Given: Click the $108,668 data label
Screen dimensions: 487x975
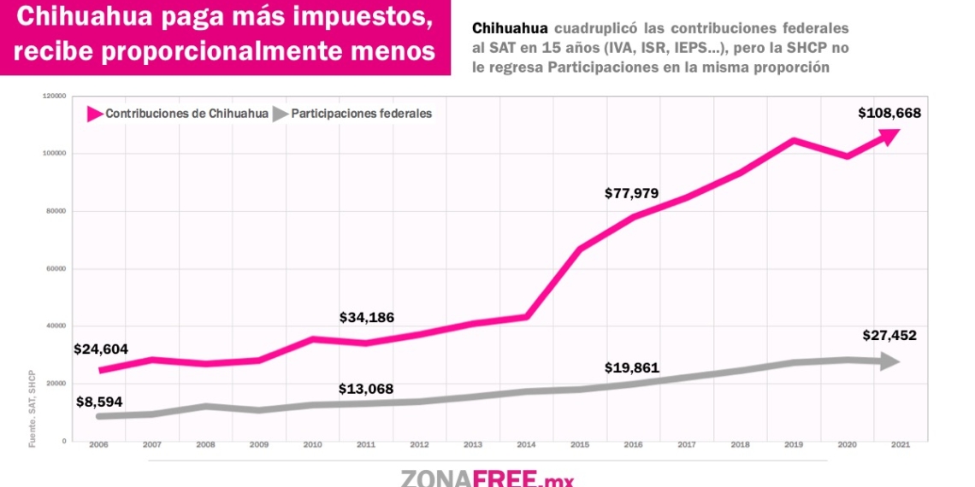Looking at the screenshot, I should click(x=889, y=113).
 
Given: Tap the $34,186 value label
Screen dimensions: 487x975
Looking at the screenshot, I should click(x=367, y=318).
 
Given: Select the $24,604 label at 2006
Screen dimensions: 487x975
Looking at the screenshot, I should click(x=101, y=349).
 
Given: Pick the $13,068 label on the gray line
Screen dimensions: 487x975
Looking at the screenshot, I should click(x=366, y=390).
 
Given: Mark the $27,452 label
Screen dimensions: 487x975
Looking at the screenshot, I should click(x=889, y=336).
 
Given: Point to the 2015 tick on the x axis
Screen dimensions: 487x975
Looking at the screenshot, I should click(x=580, y=444).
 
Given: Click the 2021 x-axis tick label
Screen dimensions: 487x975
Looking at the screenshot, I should click(x=900, y=444).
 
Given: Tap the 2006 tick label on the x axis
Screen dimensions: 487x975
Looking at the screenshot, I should click(x=100, y=444).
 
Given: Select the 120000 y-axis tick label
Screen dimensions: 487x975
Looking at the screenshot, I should click(x=55, y=97).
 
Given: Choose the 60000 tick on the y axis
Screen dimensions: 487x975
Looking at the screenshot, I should click(x=56, y=268).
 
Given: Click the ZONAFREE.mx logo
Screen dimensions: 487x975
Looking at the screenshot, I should click(x=487, y=477).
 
